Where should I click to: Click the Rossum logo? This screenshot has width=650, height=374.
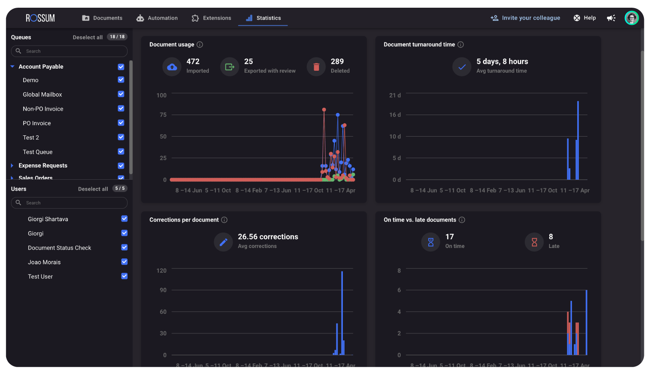click(x=40, y=18)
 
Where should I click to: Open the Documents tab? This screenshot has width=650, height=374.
click(x=102, y=18)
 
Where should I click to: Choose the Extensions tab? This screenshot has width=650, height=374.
click(x=211, y=18)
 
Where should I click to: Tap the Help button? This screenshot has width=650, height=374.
click(x=585, y=18)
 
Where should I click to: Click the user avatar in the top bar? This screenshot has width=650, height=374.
click(x=631, y=18)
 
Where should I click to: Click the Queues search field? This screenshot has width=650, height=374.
click(x=69, y=51)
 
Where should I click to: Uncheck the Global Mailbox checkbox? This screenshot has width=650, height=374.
click(x=121, y=94)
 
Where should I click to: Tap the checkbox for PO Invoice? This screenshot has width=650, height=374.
click(x=121, y=123)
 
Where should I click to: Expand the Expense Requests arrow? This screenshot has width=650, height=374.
click(x=12, y=165)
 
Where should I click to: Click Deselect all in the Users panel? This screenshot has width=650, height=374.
click(x=93, y=189)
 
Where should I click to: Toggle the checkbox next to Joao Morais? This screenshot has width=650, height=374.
click(x=124, y=262)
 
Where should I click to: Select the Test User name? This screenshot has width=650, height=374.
click(x=40, y=276)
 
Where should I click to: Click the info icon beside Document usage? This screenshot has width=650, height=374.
click(x=200, y=45)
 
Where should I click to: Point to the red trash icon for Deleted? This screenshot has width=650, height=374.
click(x=316, y=67)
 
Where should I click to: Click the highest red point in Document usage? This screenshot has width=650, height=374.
click(x=324, y=110)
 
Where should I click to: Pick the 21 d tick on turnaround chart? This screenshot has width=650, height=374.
click(x=394, y=95)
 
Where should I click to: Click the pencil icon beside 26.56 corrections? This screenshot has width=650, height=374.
click(x=223, y=242)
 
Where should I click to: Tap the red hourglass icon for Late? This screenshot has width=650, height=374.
click(x=534, y=242)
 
